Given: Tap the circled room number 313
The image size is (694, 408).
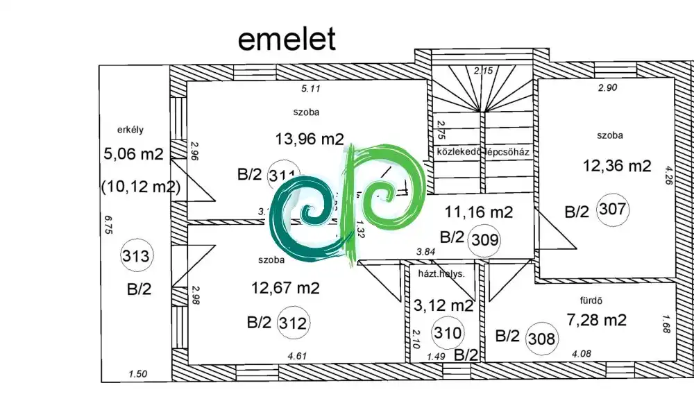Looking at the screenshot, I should click(135, 255).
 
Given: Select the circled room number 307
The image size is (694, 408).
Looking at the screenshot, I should click(611, 210).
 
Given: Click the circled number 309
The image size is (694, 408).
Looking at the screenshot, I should click(484, 239).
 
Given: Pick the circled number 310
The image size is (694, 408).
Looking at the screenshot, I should click(447, 333).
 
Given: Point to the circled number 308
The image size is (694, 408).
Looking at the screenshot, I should click(541, 339).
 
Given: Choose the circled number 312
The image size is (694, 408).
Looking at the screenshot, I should click(292, 323).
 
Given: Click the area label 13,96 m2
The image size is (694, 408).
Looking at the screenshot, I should click(310, 139).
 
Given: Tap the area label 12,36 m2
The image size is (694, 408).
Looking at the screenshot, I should click(616, 166).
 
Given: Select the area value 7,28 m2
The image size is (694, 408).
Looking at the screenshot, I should click(597, 320).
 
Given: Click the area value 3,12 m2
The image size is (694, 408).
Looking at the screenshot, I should click(443, 305).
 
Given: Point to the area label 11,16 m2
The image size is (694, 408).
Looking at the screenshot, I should click(479, 212).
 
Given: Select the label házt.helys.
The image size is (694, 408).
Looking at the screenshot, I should click(441, 274).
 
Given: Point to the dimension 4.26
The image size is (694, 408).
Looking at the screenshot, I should click(669, 177).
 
